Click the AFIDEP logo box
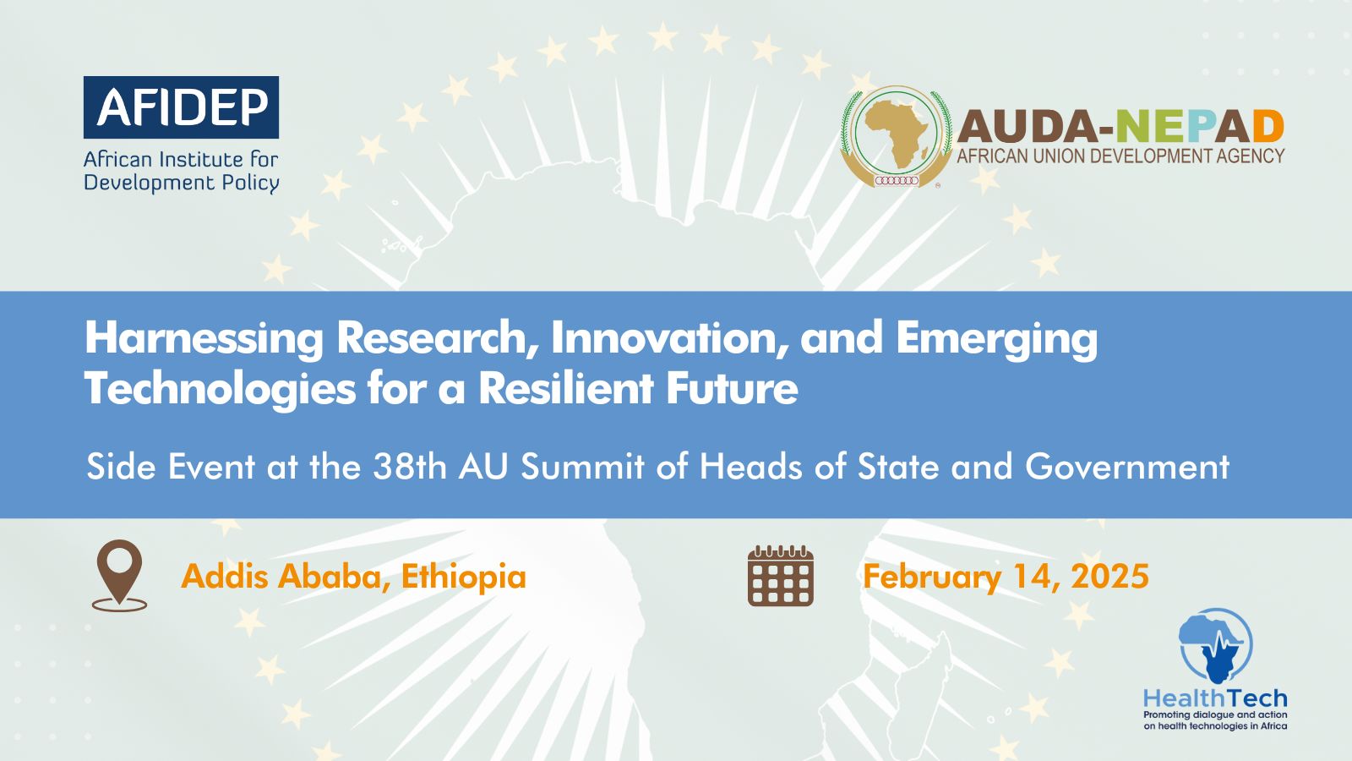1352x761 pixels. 181,107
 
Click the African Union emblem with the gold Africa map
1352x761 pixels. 897,137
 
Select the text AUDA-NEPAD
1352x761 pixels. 1120,127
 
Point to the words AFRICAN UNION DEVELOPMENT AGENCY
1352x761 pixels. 1120,156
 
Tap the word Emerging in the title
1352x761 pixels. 996,339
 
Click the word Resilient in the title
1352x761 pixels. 566,388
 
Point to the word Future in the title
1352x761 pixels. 732,388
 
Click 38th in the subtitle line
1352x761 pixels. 409,467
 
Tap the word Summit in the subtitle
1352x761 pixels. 582,467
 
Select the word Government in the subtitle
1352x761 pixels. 1127,467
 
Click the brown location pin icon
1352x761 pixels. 119,576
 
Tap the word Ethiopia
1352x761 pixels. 464,577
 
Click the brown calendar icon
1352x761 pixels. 781,576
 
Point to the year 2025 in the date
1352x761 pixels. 1110,576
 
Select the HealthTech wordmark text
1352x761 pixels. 1215,698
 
